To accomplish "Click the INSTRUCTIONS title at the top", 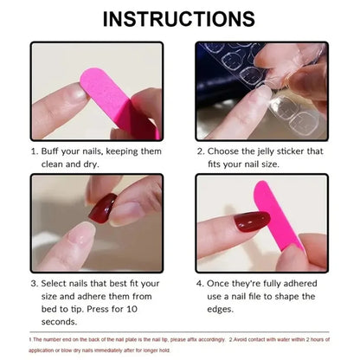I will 180,18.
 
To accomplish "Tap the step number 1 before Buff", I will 34,151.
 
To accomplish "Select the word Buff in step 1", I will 54,151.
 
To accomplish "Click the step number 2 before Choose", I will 200,151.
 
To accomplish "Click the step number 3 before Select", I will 34,282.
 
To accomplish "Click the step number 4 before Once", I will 200,282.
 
